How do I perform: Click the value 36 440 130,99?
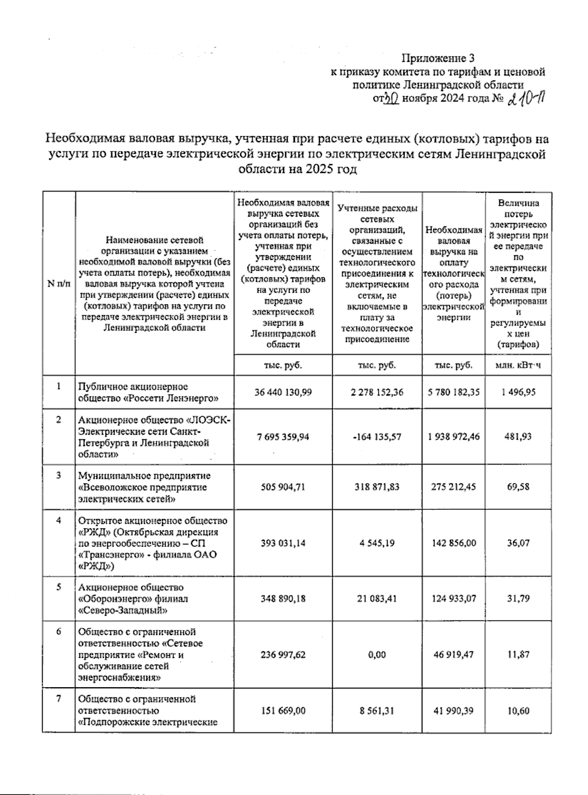(x=283, y=392)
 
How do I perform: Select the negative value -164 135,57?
(x=377, y=437)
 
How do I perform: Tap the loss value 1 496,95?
(x=518, y=392)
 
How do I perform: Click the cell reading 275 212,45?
(x=453, y=487)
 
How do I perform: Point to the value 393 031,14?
(x=283, y=543)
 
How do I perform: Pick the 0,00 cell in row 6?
(x=377, y=655)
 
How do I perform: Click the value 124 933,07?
(x=453, y=598)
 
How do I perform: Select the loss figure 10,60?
(x=518, y=711)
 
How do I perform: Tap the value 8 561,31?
(x=377, y=711)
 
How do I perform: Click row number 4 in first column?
(x=58, y=521)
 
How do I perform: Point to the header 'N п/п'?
(x=58, y=283)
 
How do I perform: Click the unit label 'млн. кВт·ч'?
(x=518, y=366)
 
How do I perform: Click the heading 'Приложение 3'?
(x=438, y=59)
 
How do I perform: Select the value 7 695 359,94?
(x=283, y=437)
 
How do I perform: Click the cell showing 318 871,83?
(x=377, y=487)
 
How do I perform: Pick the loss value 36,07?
(x=518, y=543)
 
